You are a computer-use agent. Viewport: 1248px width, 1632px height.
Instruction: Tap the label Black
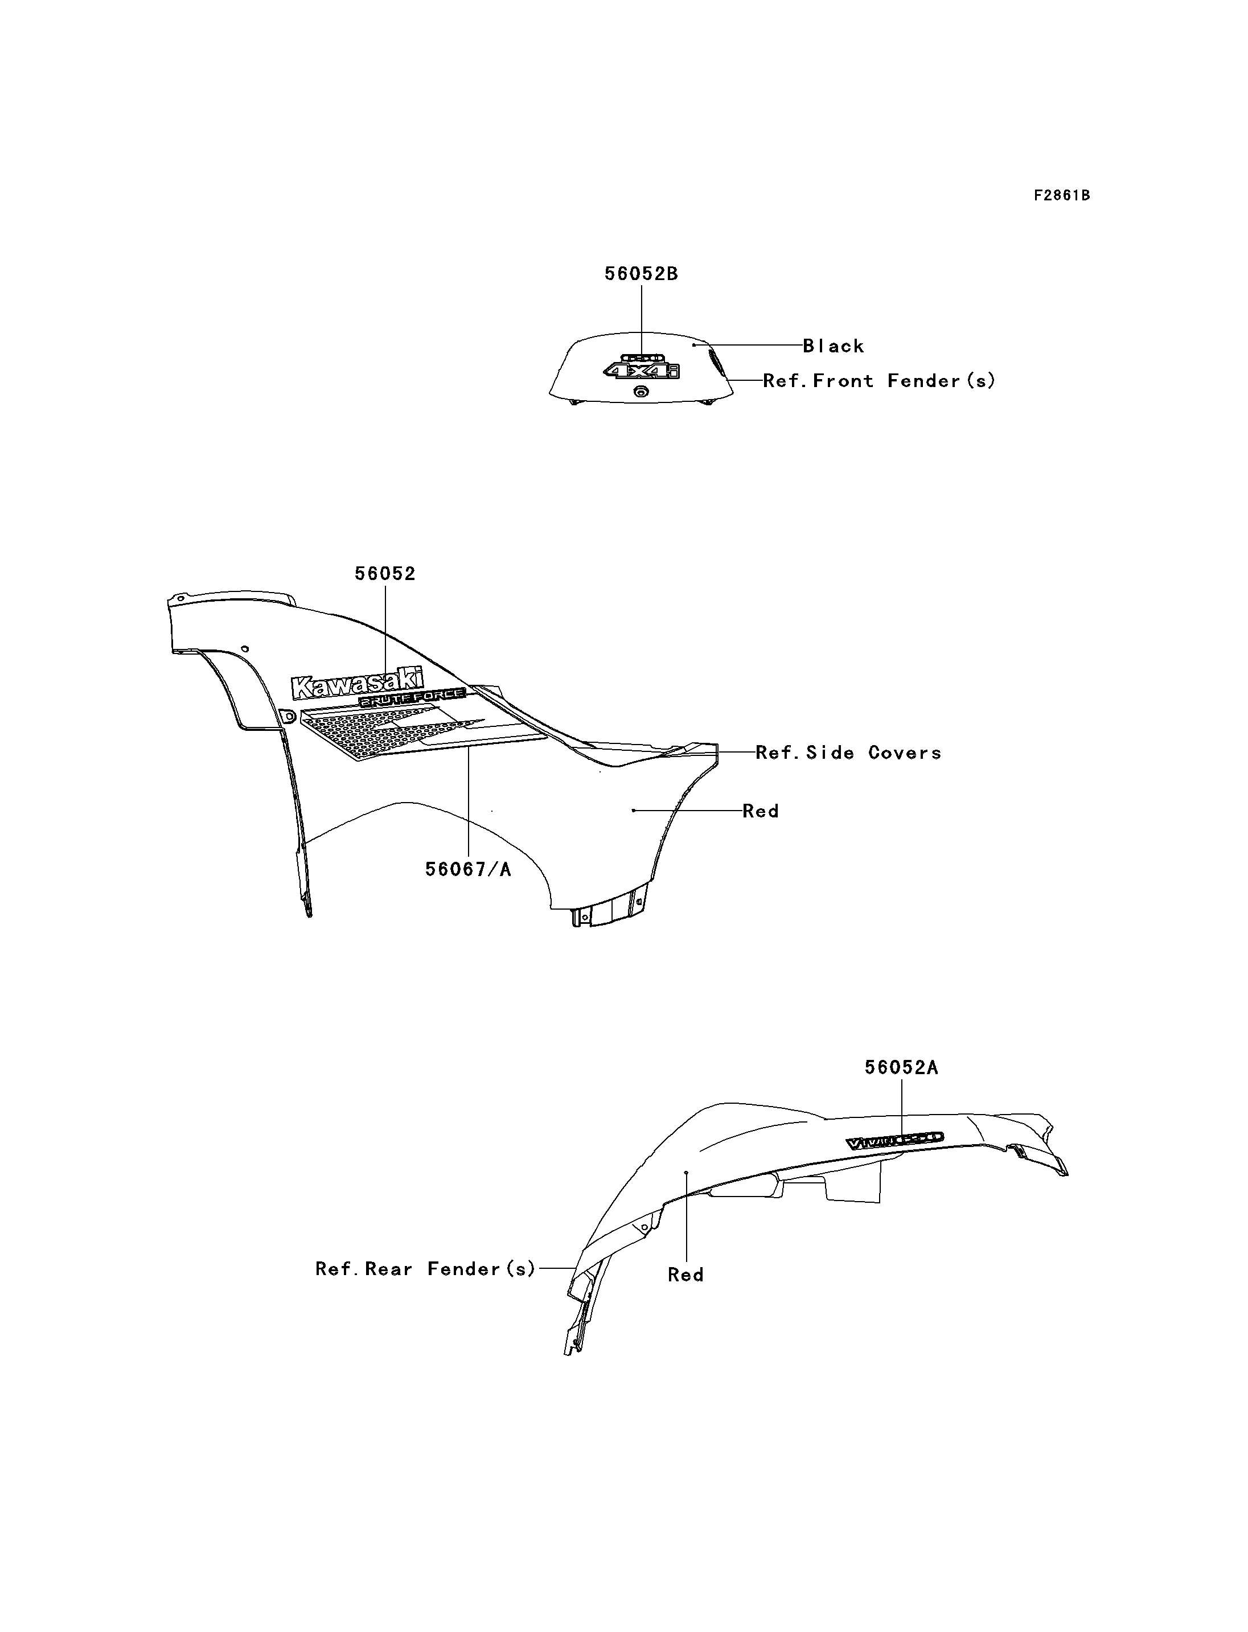[x=834, y=346]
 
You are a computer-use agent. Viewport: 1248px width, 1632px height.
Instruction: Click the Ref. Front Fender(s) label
[x=879, y=381]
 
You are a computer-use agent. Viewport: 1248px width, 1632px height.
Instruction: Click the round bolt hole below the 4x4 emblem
[x=641, y=392]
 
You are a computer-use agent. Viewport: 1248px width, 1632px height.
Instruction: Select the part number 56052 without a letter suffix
[x=385, y=573]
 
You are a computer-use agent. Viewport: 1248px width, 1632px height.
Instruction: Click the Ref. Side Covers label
[x=848, y=753]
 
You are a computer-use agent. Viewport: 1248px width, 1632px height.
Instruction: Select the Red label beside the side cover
[x=761, y=811]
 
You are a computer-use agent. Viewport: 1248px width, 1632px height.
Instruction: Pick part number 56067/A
[x=468, y=869]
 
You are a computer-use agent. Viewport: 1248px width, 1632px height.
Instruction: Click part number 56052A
[x=901, y=1067]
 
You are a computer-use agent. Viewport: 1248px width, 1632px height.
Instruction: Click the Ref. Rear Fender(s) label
[x=425, y=1269]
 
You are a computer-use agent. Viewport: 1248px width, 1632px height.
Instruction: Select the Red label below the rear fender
[x=685, y=1275]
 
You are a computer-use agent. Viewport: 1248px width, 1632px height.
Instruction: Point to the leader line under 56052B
[x=642, y=319]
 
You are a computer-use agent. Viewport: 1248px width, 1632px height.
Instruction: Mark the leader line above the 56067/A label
[x=469, y=802]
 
